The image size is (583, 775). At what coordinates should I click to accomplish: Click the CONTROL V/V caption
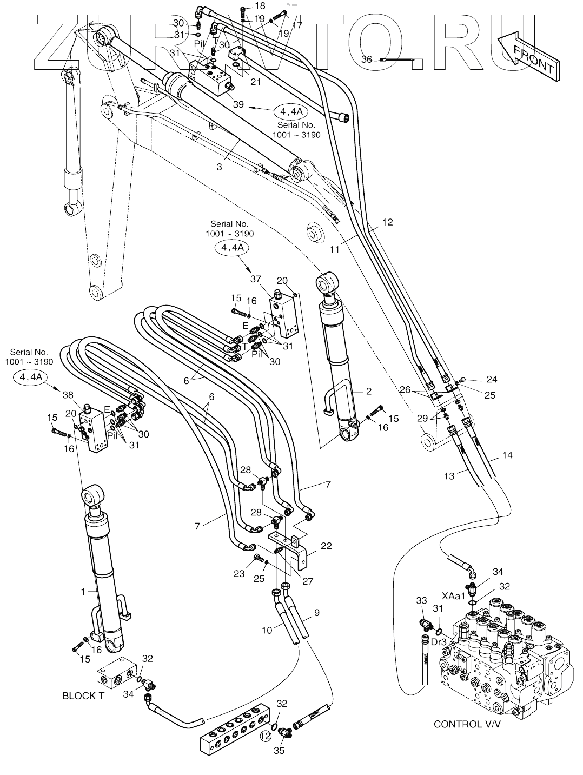466,724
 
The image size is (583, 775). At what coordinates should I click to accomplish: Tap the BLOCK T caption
83,697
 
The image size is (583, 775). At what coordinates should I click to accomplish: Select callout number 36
367,60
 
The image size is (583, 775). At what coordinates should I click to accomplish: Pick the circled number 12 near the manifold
265,736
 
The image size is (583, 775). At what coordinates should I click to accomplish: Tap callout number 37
255,279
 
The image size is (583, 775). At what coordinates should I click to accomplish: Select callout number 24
491,379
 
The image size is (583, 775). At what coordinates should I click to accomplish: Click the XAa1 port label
453,595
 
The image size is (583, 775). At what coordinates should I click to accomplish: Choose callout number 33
422,600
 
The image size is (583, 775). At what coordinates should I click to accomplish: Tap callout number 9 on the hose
316,613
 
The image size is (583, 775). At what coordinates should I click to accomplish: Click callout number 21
255,82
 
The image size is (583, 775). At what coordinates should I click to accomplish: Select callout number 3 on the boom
219,167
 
